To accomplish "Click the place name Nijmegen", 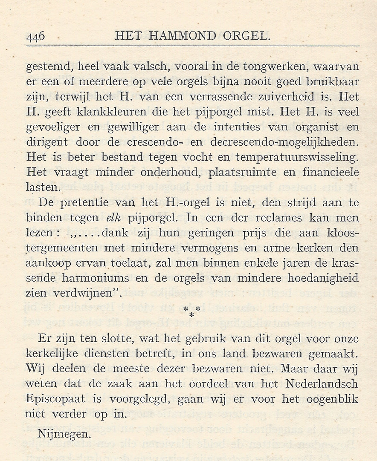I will pyautogui.click(x=64, y=435).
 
